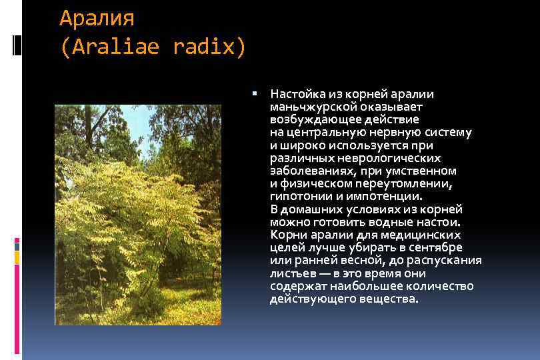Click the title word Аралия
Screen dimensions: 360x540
97,18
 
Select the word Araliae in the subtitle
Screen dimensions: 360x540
115,47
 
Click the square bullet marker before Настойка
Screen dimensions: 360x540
255,93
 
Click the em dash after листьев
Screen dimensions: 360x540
322,273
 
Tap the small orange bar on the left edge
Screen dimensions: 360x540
17,257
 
